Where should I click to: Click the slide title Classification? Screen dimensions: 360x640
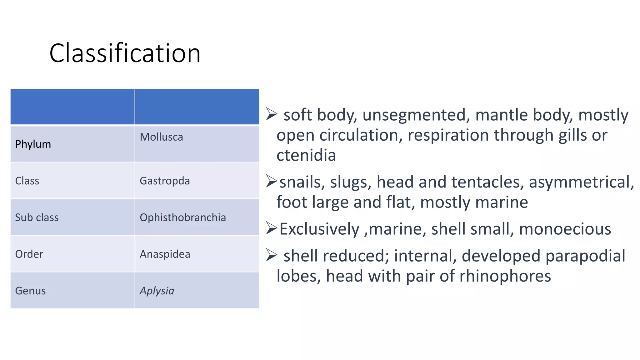(125, 53)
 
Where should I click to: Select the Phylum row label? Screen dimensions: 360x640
(33, 144)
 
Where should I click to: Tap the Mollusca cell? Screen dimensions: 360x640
(161, 137)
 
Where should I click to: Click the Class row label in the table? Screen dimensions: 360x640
(27, 181)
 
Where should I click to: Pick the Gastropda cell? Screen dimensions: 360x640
(165, 181)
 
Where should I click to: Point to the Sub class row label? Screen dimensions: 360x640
(37, 217)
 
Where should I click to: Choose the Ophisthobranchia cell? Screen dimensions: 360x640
(183, 217)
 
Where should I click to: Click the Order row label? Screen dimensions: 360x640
(29, 254)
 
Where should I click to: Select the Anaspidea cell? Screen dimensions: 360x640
(165, 254)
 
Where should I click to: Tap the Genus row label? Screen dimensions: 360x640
(30, 291)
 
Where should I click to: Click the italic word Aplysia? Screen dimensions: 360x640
(157, 291)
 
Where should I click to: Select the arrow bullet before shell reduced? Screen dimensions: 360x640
(272, 255)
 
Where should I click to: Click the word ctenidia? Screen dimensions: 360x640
(306, 155)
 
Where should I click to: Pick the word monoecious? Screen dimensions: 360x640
(565, 229)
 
